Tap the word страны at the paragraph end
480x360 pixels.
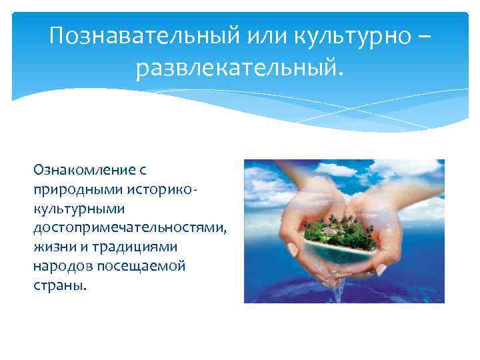click(x=59, y=285)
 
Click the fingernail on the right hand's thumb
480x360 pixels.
click(x=381, y=269)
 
